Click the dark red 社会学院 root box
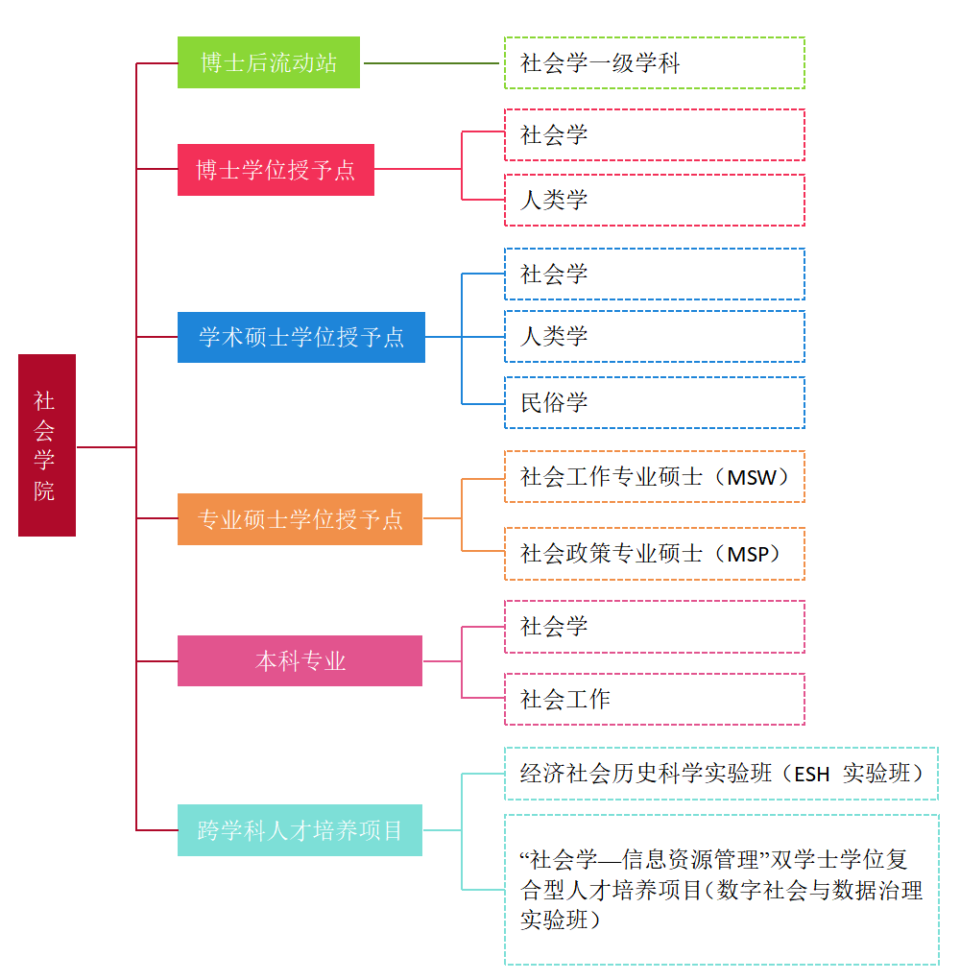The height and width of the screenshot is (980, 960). [x=46, y=445]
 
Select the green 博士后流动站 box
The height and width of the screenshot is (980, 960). [x=269, y=62]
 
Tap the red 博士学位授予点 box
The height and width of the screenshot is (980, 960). [x=276, y=170]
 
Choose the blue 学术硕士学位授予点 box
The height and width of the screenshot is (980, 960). [x=301, y=337]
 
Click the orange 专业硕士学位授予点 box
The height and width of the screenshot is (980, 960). [x=300, y=519]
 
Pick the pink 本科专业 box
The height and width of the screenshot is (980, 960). [x=300, y=660]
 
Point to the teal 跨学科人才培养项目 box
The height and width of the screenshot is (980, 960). [x=300, y=830]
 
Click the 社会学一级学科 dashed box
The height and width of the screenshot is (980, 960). [x=654, y=63]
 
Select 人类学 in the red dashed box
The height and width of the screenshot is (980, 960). [x=654, y=201]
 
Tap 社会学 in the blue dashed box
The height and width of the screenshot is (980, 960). [x=654, y=275]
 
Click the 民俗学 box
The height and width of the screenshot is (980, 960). [x=654, y=402]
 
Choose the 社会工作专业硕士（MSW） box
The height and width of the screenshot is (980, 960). [x=654, y=477]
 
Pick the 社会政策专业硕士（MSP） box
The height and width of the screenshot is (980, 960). [x=654, y=554]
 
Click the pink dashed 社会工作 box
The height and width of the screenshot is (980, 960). [x=654, y=699]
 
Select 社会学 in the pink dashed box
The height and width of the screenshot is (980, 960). [x=654, y=627]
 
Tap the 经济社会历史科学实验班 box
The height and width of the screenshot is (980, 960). [x=721, y=774]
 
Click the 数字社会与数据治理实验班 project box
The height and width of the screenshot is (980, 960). [x=721, y=890]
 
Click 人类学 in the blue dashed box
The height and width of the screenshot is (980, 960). [x=654, y=336]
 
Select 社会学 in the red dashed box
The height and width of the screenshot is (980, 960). [x=654, y=134]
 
